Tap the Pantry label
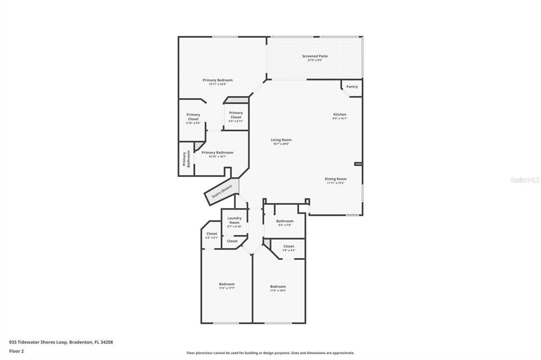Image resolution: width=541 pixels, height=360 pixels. point(352,87)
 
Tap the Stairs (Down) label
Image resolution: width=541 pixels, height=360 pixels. point(222,192)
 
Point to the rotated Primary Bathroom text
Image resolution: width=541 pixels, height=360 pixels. point(186,159)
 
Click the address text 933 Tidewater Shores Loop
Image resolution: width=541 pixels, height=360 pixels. point(61,342)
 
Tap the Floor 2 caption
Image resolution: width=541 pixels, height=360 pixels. point(17,351)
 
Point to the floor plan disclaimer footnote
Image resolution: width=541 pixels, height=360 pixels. point(270,353)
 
